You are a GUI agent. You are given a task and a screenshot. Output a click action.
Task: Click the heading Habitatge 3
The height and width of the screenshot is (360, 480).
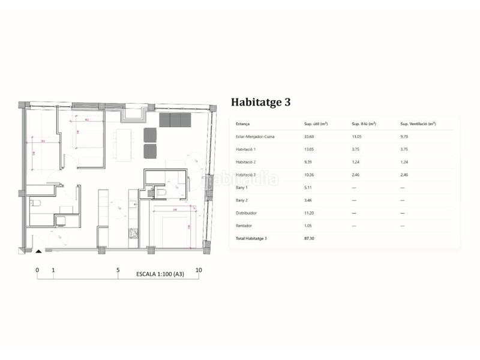(x=260, y=102)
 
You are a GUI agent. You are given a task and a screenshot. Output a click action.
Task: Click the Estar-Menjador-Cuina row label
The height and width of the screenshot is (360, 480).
(x=256, y=137)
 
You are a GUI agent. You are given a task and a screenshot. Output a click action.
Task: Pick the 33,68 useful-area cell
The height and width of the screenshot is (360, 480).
(x=311, y=137)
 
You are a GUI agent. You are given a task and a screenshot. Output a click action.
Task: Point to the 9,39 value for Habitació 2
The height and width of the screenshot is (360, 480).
(x=310, y=162)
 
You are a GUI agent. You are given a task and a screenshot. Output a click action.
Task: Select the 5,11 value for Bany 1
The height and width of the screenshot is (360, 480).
(x=310, y=187)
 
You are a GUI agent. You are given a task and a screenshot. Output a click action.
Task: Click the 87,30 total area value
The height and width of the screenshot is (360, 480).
(x=311, y=238)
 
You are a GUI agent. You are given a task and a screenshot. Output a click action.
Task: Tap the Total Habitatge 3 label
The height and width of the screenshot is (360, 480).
(x=251, y=238)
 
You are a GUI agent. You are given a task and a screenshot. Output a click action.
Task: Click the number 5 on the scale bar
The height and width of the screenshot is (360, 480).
(x=118, y=270)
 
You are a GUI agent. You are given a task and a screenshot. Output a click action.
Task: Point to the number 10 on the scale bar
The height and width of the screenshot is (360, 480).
(x=199, y=270)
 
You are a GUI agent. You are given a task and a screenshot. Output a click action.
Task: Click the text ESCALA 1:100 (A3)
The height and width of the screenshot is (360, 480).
(x=159, y=275)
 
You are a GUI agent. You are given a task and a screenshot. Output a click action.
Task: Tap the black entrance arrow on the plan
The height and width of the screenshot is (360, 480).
(x=38, y=251)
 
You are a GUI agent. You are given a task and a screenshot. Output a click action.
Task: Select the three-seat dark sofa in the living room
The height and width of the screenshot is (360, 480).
(x=175, y=120)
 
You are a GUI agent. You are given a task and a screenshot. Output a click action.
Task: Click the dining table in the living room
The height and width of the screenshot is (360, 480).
(x=124, y=145)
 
